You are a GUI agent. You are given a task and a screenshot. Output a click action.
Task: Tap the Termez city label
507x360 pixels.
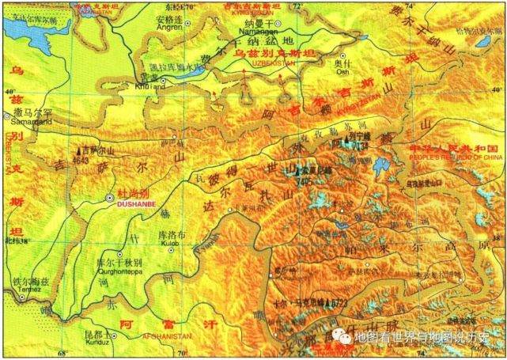31,290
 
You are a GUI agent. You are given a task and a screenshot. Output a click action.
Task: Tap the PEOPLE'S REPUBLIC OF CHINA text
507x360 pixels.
452,159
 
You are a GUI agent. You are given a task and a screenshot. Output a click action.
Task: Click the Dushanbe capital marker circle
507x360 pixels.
109,197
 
